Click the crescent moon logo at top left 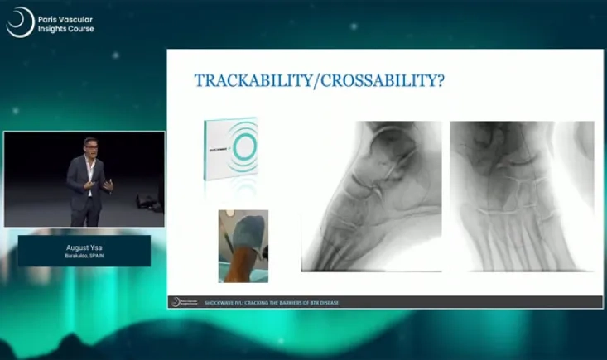20,22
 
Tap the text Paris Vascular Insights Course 67,23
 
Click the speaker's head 90,146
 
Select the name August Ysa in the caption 84,247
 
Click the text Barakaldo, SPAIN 84,256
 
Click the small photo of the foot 243,246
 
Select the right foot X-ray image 522,196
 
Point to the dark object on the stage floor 147,201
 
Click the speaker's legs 85,211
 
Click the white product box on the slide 234,149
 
